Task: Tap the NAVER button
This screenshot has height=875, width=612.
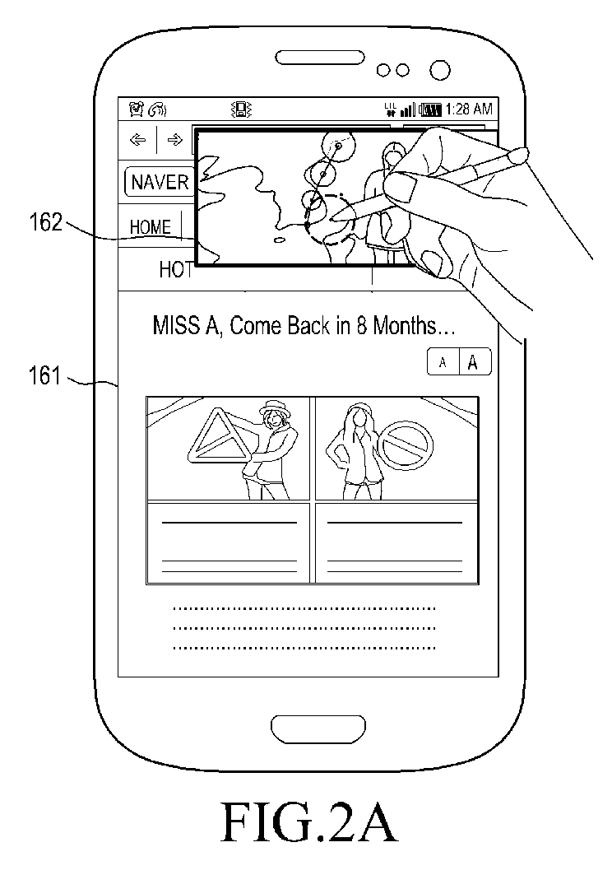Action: click(159, 182)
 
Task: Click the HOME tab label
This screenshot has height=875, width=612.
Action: click(150, 227)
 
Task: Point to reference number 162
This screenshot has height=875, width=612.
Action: click(46, 222)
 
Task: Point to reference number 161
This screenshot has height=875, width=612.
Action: click(44, 375)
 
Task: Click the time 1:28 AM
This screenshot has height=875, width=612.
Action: click(469, 109)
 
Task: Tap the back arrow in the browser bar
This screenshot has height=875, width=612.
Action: click(137, 139)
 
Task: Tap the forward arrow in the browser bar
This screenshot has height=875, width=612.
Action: click(175, 139)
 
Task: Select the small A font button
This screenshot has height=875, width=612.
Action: click(443, 362)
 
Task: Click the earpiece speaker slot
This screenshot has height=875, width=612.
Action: click(319, 58)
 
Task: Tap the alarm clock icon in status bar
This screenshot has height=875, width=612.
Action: click(137, 109)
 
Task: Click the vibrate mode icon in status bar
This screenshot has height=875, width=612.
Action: click(242, 109)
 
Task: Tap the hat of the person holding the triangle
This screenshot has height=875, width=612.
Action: click(275, 406)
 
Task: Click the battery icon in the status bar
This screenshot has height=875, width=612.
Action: click(429, 109)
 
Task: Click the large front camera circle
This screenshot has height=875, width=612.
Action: click(439, 70)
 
